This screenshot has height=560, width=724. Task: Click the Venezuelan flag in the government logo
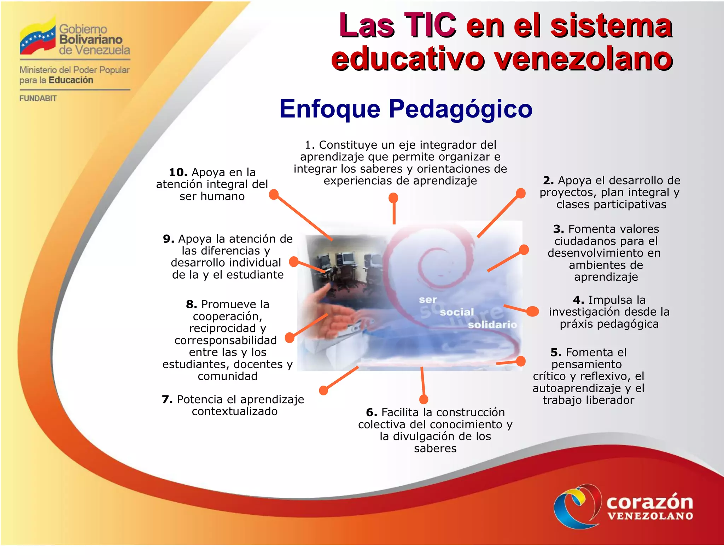tap(37, 38)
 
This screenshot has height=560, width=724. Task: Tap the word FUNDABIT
tap(38, 98)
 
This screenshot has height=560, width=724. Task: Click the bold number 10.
tap(178, 172)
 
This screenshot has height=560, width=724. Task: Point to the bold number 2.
tap(548, 181)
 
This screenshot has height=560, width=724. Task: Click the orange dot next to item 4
tap(532, 312)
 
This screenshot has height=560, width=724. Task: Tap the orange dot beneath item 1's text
tap(393, 198)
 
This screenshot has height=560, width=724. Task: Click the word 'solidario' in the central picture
tap(492, 325)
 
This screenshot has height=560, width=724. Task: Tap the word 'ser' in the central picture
tap(428, 300)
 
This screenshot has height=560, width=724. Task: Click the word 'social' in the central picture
tap(457, 312)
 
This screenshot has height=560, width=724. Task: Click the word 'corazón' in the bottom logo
tap(650, 502)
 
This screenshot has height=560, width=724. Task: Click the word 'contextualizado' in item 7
tap(235, 411)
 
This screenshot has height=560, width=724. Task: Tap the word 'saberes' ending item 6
tap(435, 448)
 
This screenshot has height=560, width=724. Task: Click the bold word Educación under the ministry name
tap(71, 80)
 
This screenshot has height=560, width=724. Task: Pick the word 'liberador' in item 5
tap(608, 400)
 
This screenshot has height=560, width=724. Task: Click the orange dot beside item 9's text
tap(294, 262)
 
